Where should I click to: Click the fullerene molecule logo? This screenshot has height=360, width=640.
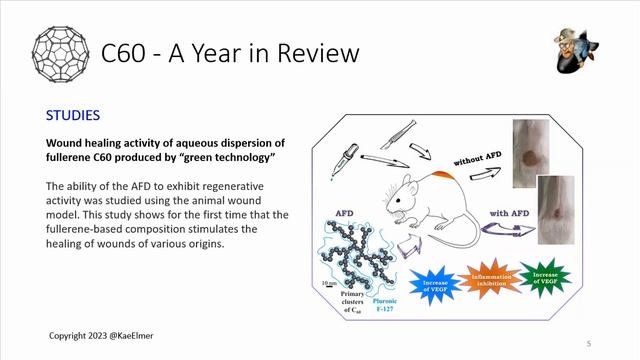click(x=63, y=51)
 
